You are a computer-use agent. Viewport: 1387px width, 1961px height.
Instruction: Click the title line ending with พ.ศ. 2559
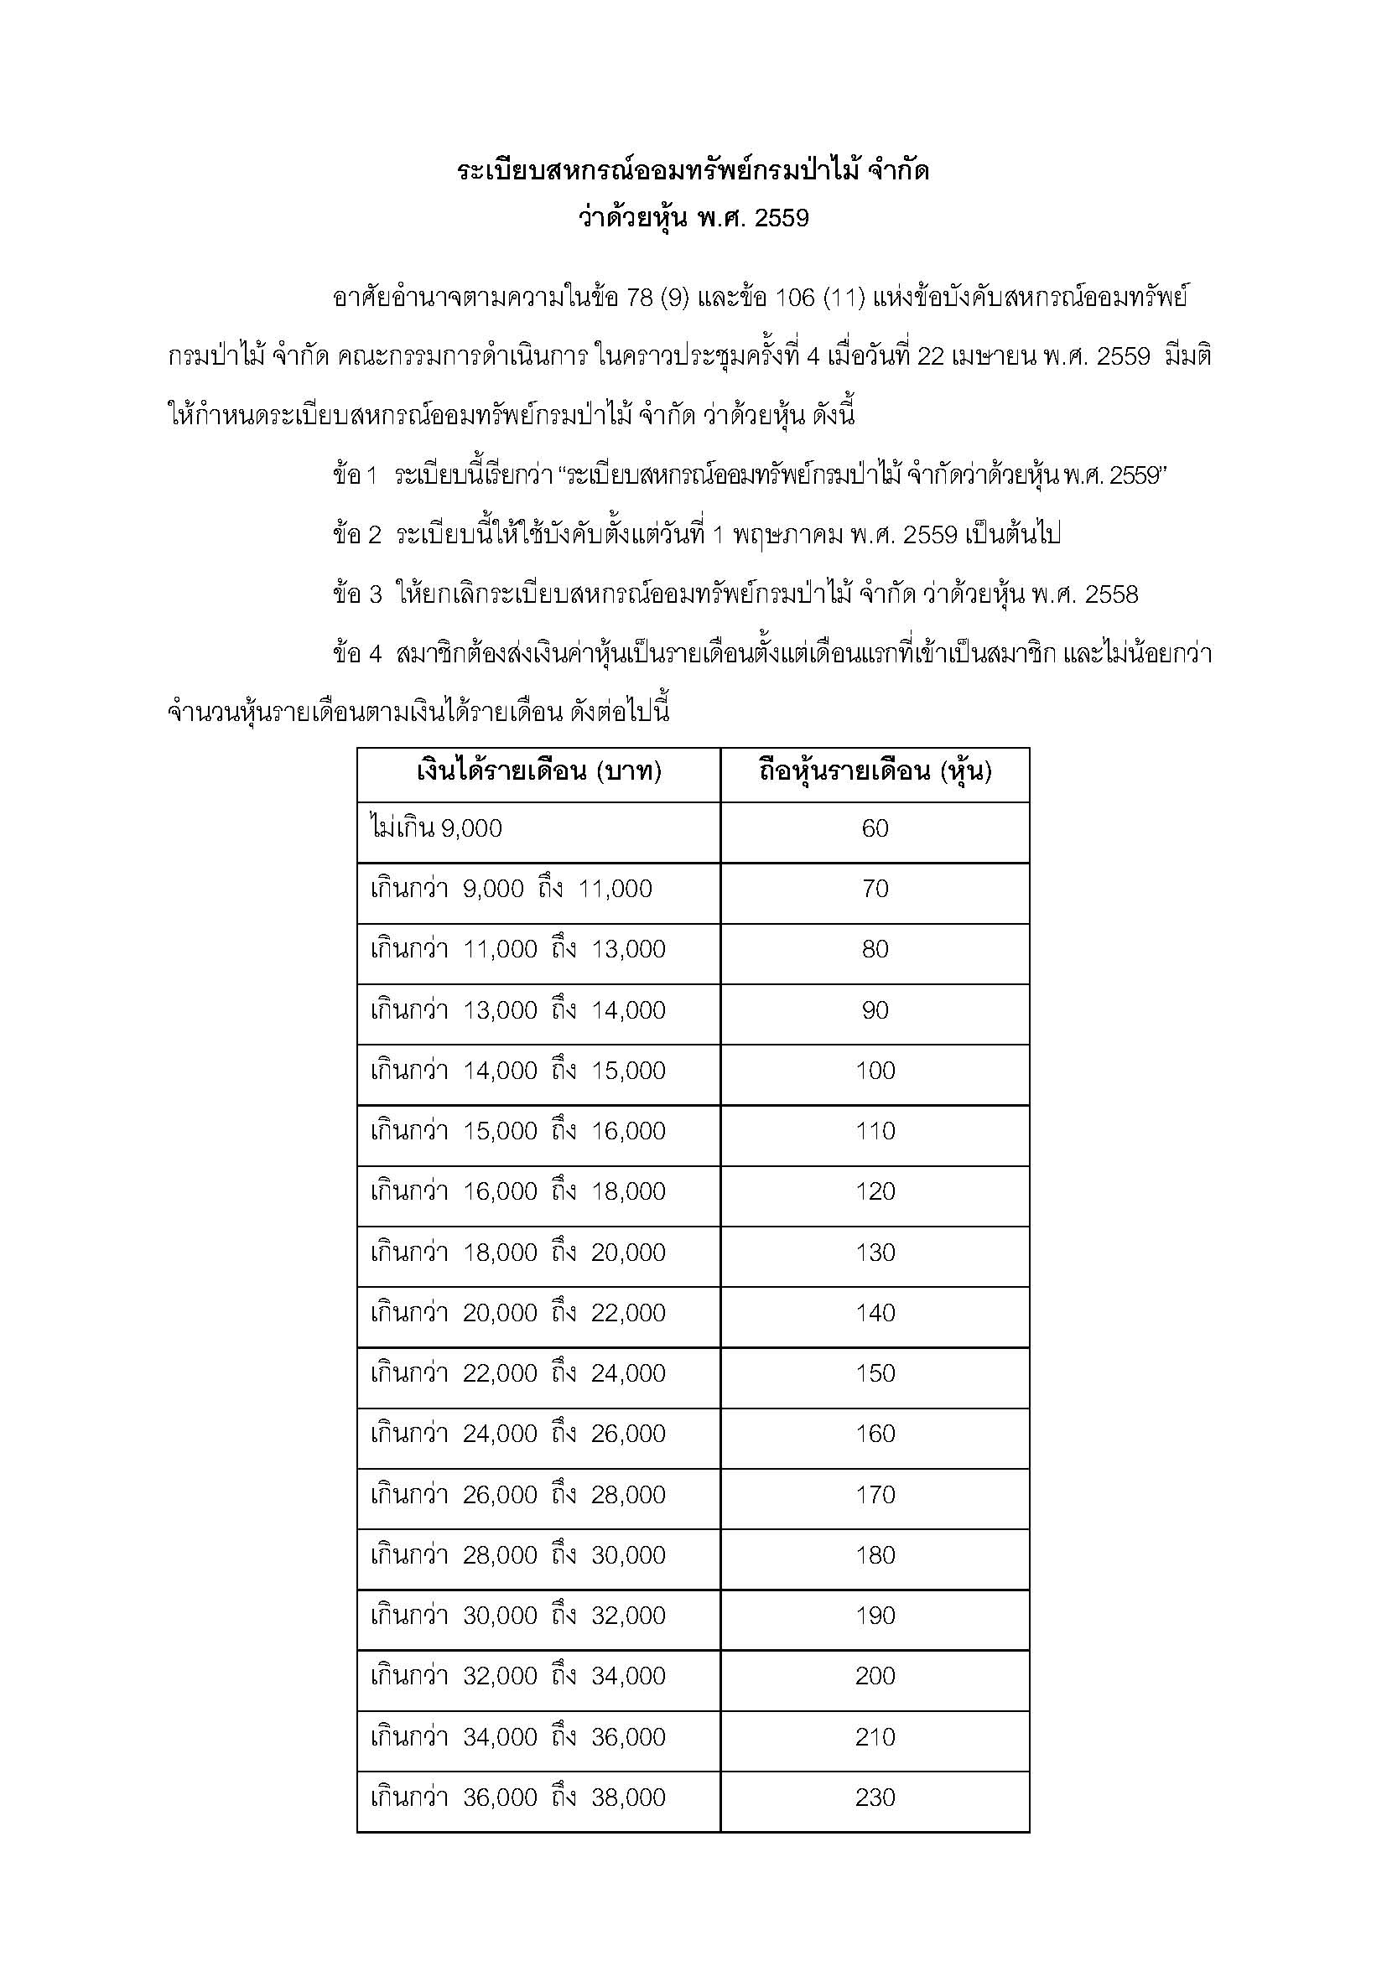tap(693, 219)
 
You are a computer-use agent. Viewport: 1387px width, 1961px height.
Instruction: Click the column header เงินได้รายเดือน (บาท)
tap(539, 773)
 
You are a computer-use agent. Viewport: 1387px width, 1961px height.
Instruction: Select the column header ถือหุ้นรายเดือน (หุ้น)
tap(875, 773)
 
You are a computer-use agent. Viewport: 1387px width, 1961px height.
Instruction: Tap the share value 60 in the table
tap(875, 828)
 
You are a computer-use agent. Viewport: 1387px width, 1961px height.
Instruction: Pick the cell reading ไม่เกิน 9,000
tap(436, 828)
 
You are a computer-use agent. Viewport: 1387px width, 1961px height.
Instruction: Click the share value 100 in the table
tap(875, 1071)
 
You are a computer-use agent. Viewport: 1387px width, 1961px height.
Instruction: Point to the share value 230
tap(875, 1798)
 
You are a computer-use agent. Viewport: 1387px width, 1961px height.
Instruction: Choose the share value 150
tap(875, 1373)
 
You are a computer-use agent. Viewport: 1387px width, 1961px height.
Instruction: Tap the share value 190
tap(875, 1616)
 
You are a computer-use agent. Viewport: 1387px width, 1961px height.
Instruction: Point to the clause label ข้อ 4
tap(357, 655)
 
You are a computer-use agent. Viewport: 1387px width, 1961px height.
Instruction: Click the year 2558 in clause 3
tap(1111, 595)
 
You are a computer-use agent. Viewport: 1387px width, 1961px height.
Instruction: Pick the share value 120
tap(875, 1191)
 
